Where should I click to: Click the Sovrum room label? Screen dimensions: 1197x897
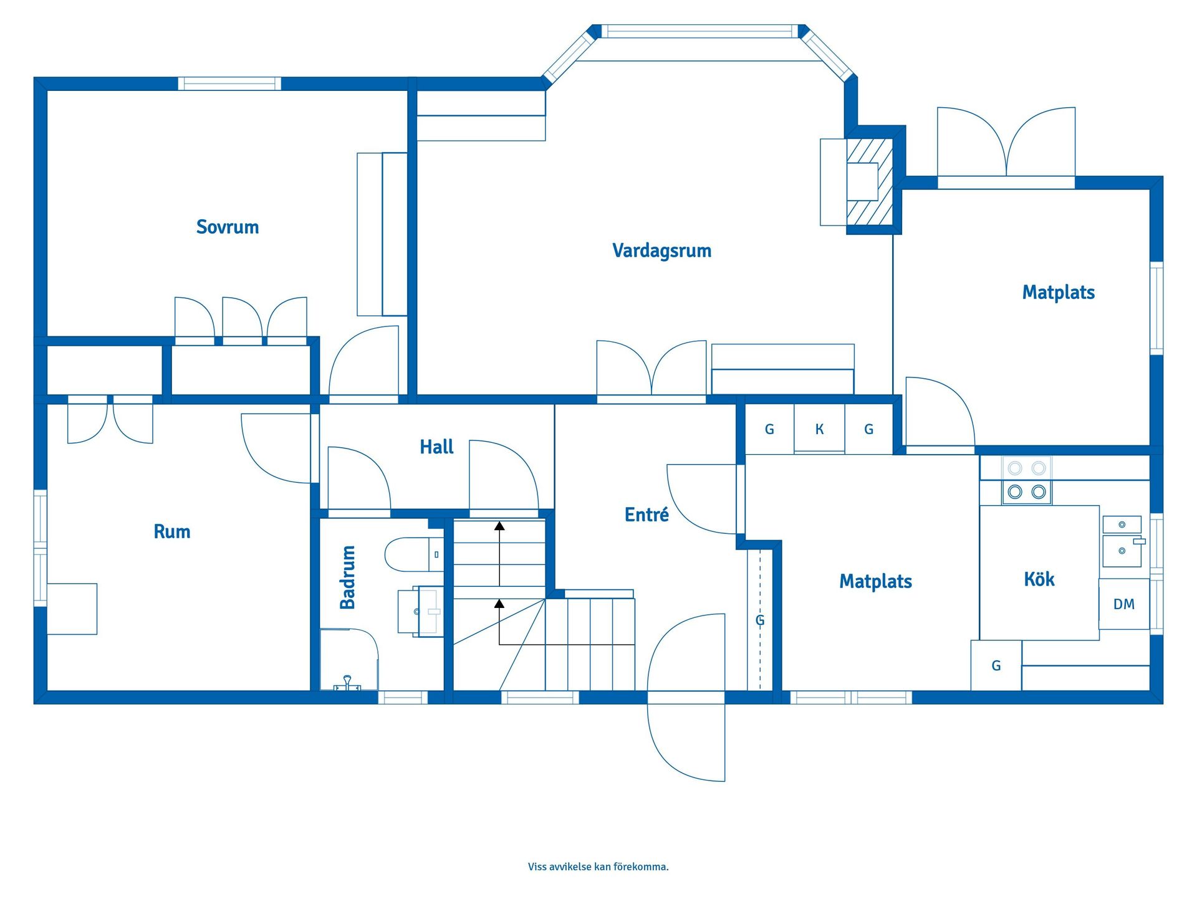point(228,227)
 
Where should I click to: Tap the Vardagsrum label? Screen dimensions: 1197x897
point(661,250)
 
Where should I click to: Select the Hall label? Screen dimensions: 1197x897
point(436,447)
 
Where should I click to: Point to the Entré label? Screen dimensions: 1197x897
point(647,514)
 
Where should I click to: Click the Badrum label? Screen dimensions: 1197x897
point(347,577)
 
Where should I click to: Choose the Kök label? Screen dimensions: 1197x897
point(1039,579)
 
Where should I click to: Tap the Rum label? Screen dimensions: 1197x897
point(172,531)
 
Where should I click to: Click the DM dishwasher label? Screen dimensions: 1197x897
point(1124,604)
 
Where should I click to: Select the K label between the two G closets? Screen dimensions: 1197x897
point(820,429)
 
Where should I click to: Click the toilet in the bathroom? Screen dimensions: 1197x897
point(414,554)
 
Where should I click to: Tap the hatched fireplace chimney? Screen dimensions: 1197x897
point(870,181)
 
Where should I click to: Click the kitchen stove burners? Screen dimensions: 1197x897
point(1027,480)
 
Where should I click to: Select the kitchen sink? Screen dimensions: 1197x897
point(1122,541)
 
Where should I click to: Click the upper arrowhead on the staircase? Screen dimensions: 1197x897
point(499,526)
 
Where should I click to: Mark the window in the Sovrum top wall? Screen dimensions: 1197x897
point(229,83)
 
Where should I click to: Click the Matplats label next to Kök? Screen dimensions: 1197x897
point(875,581)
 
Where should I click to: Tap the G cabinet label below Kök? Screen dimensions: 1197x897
point(996,666)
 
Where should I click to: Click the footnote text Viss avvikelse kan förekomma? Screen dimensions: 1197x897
point(598,866)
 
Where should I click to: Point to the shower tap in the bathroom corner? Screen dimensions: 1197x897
point(347,683)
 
